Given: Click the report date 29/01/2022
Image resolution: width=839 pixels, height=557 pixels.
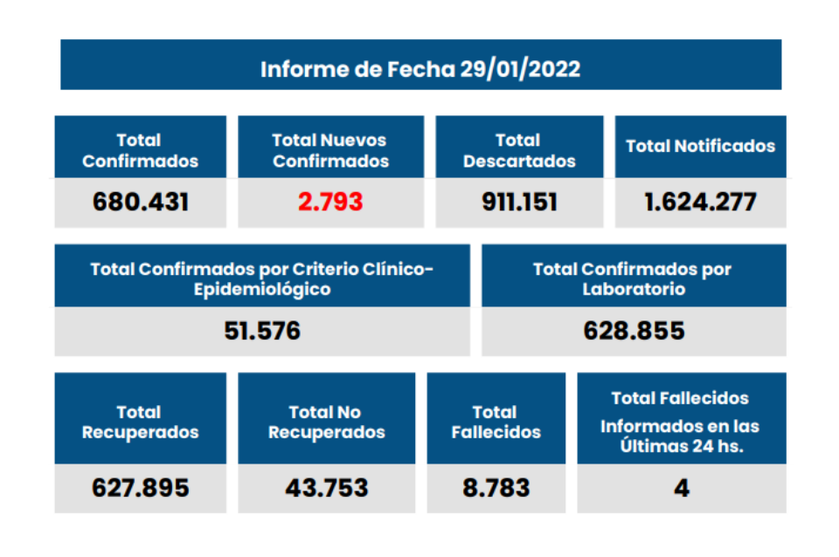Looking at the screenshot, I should point(520,69).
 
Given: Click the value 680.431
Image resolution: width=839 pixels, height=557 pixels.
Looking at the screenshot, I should point(141,202).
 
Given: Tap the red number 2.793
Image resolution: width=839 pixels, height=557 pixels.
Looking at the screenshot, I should point(330,202).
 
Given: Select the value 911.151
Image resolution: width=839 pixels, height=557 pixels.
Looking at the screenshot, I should point(519,202).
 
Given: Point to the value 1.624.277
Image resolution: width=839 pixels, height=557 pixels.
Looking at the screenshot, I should point(700,202).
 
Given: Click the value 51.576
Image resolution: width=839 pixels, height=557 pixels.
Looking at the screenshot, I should point(261,331).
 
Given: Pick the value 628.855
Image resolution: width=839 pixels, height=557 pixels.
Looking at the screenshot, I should point(634,331).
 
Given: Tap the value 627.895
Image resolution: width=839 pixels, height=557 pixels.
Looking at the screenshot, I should point(141,487).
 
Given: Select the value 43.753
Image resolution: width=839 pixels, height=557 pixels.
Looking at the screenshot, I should point(326,487).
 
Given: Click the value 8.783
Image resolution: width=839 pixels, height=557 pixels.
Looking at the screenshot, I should point(496,487).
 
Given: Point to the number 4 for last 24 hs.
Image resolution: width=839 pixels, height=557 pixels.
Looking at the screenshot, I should point(682,487).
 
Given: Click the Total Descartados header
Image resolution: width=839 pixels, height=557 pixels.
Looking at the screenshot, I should point(519,150).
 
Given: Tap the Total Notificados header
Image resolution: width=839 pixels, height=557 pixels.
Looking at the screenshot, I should point(700,146).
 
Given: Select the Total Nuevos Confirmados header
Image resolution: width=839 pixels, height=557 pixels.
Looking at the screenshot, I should point(330,150).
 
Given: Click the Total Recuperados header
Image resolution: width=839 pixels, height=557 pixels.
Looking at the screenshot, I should point(141,422).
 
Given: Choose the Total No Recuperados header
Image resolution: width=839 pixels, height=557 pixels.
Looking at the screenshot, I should point(326,422).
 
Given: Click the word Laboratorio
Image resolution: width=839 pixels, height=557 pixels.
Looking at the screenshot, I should point(634,289).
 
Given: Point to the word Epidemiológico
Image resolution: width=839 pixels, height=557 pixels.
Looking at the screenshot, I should point(262,289).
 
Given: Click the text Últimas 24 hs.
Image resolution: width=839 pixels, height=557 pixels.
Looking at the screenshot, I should point(682,446).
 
